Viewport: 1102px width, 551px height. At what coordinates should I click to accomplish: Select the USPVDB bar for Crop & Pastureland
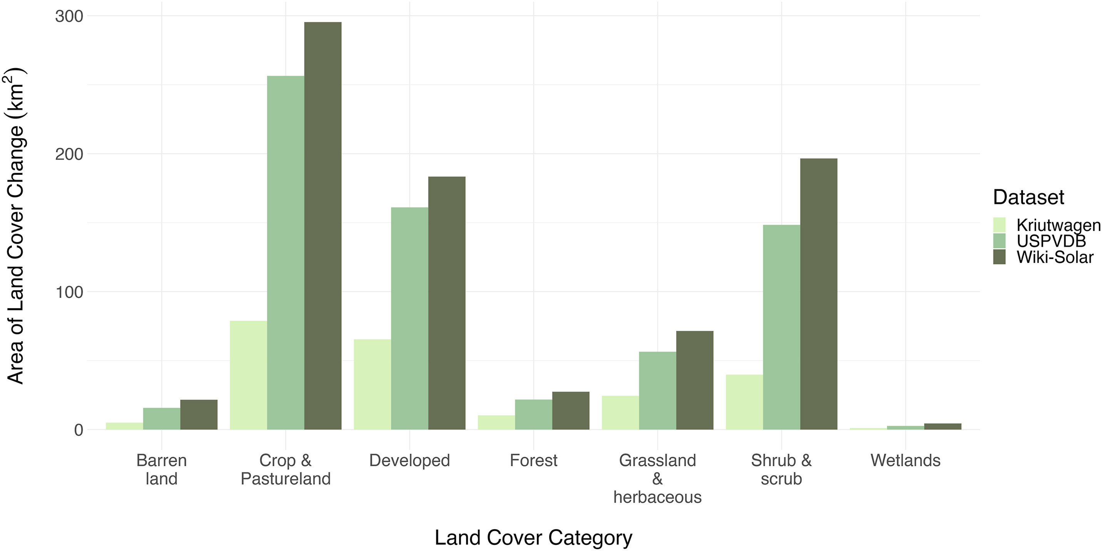point(285,252)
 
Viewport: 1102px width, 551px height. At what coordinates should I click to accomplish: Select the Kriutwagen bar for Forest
point(496,422)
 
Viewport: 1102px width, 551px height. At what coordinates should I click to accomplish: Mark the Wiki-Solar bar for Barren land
point(199,414)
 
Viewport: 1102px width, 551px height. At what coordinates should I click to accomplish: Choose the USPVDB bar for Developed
point(410,318)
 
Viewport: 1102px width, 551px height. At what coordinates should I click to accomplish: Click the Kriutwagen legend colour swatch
point(999,225)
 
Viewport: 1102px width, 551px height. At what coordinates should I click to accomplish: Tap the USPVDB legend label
point(1051,241)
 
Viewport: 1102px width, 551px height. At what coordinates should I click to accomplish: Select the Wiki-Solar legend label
point(1055,257)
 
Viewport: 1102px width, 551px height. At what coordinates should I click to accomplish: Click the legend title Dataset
point(1028,197)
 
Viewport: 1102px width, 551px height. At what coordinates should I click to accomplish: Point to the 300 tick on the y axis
point(69,16)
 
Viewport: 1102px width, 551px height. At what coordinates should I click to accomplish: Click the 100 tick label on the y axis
point(69,292)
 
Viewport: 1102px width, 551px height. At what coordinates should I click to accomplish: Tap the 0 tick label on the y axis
point(78,430)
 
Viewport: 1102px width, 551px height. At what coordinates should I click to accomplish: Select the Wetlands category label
point(905,460)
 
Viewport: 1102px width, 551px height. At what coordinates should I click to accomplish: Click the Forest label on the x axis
point(533,460)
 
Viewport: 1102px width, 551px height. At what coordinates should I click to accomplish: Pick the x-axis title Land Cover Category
point(533,537)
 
